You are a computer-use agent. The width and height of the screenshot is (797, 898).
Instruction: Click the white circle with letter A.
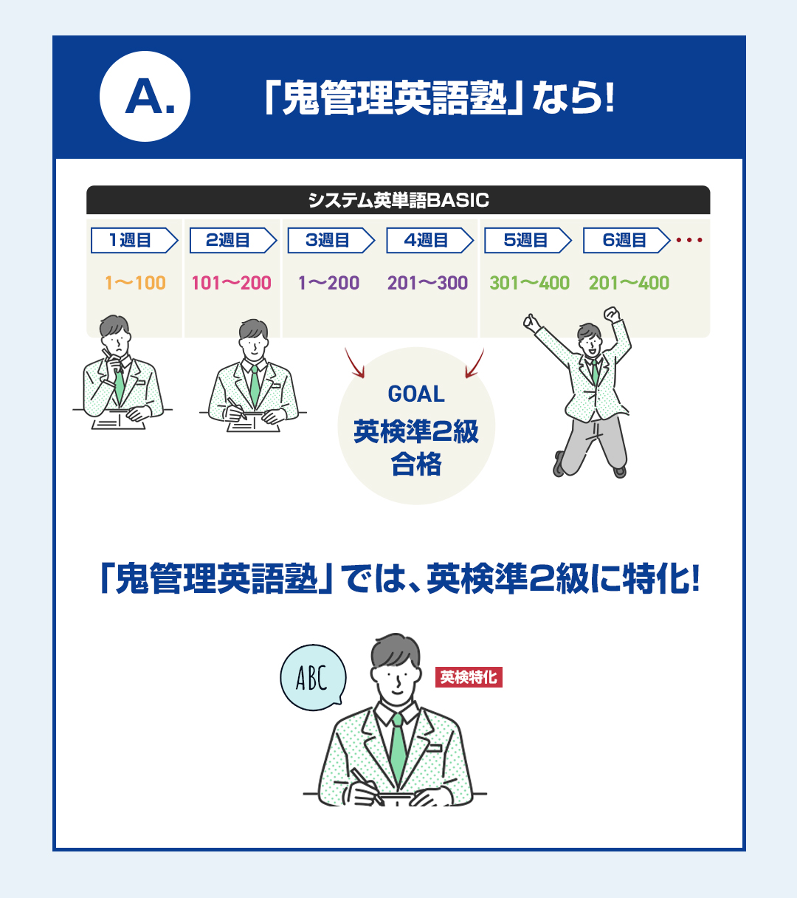145,96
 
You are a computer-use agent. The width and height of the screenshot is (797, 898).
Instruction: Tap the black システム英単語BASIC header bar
398,200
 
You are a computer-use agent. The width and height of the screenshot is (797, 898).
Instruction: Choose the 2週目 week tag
233,240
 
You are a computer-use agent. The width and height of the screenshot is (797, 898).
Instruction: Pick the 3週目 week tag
331,240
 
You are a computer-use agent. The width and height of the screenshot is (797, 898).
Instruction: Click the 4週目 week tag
429,240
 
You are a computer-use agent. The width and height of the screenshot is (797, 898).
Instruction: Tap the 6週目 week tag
627,240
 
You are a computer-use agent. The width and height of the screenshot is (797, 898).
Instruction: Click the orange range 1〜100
135,283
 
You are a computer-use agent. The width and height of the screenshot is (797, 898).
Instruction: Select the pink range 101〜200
231,283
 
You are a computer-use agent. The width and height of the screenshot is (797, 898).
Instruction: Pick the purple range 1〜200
328,283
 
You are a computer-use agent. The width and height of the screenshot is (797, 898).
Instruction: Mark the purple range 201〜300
427,283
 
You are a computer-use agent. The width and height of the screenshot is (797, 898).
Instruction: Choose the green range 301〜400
529,283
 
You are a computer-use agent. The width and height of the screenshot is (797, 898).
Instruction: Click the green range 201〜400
629,283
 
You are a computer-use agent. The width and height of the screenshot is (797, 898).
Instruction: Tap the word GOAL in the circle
416,394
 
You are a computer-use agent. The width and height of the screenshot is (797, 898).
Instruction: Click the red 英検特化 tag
469,677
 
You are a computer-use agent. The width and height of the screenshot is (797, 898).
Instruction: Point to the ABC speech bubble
313,678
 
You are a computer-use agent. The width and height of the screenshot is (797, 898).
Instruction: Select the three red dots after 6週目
689,240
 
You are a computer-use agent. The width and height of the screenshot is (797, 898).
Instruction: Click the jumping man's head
589,340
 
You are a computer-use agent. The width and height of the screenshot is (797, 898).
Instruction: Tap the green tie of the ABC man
397,749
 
